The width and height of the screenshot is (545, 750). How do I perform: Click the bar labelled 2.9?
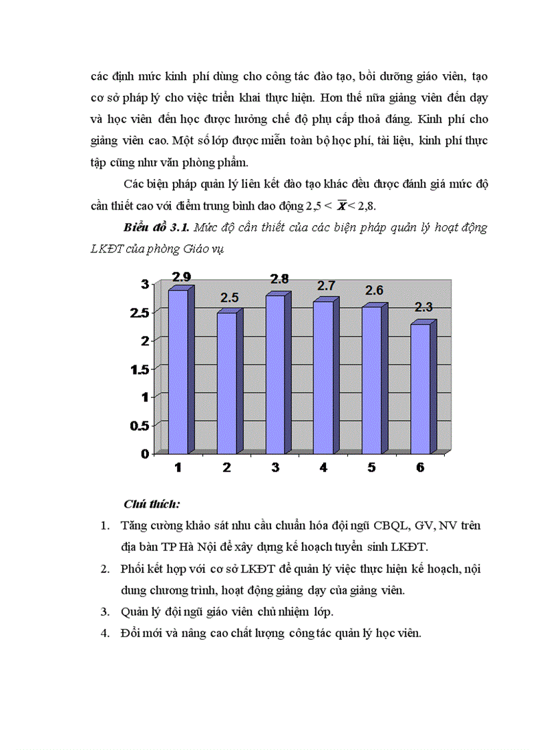[x=178, y=371]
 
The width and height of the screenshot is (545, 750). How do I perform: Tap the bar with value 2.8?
[x=275, y=374]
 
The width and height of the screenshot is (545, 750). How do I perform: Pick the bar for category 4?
[x=323, y=377]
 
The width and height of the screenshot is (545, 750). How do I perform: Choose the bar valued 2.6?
[x=372, y=379]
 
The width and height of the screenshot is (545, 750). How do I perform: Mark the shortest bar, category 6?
[x=420, y=388]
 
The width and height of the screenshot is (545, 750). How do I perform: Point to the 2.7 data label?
[x=327, y=286]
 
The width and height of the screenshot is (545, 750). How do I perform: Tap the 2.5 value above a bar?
[x=230, y=297]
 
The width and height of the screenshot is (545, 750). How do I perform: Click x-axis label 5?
[x=371, y=467]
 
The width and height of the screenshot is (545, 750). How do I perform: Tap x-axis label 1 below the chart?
[x=178, y=467]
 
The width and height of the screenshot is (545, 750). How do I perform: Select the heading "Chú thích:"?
[x=152, y=503]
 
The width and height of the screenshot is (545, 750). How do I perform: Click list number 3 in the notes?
[x=106, y=611]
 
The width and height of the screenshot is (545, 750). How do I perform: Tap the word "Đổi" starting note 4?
[x=132, y=633]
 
